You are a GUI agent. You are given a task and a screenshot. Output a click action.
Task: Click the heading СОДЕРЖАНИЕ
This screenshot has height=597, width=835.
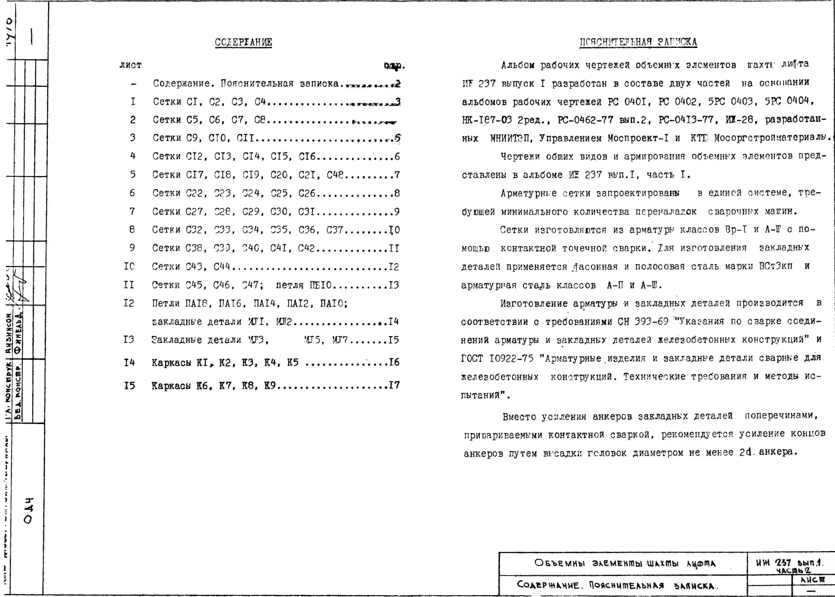(x=243, y=42)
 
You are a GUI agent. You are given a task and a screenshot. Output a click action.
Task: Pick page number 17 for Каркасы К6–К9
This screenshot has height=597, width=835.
(x=394, y=385)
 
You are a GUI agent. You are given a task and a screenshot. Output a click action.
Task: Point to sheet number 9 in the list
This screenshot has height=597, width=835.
(x=132, y=248)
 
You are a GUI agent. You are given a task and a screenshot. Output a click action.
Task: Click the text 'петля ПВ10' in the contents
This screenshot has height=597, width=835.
(x=303, y=285)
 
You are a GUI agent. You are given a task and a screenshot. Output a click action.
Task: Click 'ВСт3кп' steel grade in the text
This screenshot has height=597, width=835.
(x=775, y=266)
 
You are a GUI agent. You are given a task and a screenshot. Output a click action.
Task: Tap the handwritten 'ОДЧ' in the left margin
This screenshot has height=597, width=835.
(x=29, y=511)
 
